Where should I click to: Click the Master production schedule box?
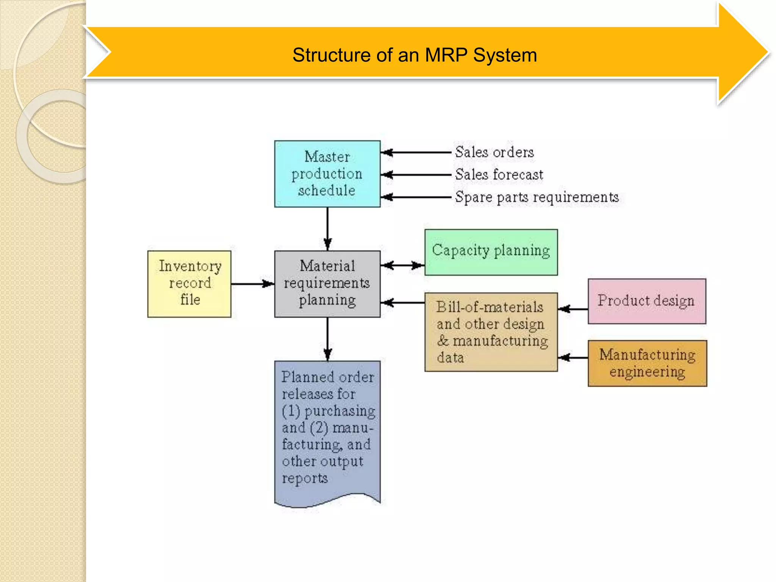(x=327, y=174)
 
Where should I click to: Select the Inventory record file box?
(x=189, y=284)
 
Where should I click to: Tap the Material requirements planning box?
(x=327, y=284)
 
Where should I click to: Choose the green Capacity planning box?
(x=491, y=252)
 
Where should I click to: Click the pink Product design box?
(x=647, y=301)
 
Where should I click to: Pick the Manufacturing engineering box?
(x=647, y=363)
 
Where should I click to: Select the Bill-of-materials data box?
(x=491, y=332)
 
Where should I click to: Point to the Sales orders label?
(x=494, y=152)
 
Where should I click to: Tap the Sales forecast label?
(x=499, y=175)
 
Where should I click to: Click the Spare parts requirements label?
(x=537, y=197)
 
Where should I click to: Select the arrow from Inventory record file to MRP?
(x=252, y=284)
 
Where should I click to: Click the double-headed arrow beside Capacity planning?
(x=402, y=265)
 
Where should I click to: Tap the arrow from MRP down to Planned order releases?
(x=328, y=339)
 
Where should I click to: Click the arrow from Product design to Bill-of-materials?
(x=573, y=309)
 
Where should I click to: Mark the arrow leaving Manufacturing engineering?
(x=573, y=357)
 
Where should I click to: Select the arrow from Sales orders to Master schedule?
(x=416, y=152)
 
